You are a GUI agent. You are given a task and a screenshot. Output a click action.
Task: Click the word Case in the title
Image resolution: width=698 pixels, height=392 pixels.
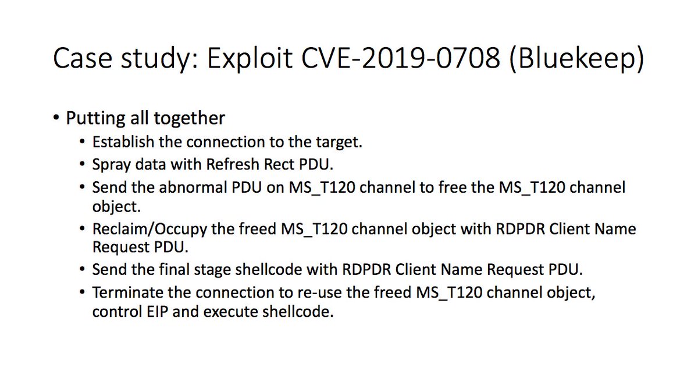pos(80,60)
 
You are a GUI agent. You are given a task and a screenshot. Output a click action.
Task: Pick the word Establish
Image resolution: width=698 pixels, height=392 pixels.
pos(118,142)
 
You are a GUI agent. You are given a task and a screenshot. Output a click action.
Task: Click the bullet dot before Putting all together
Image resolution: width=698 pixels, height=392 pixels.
pos(56,119)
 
